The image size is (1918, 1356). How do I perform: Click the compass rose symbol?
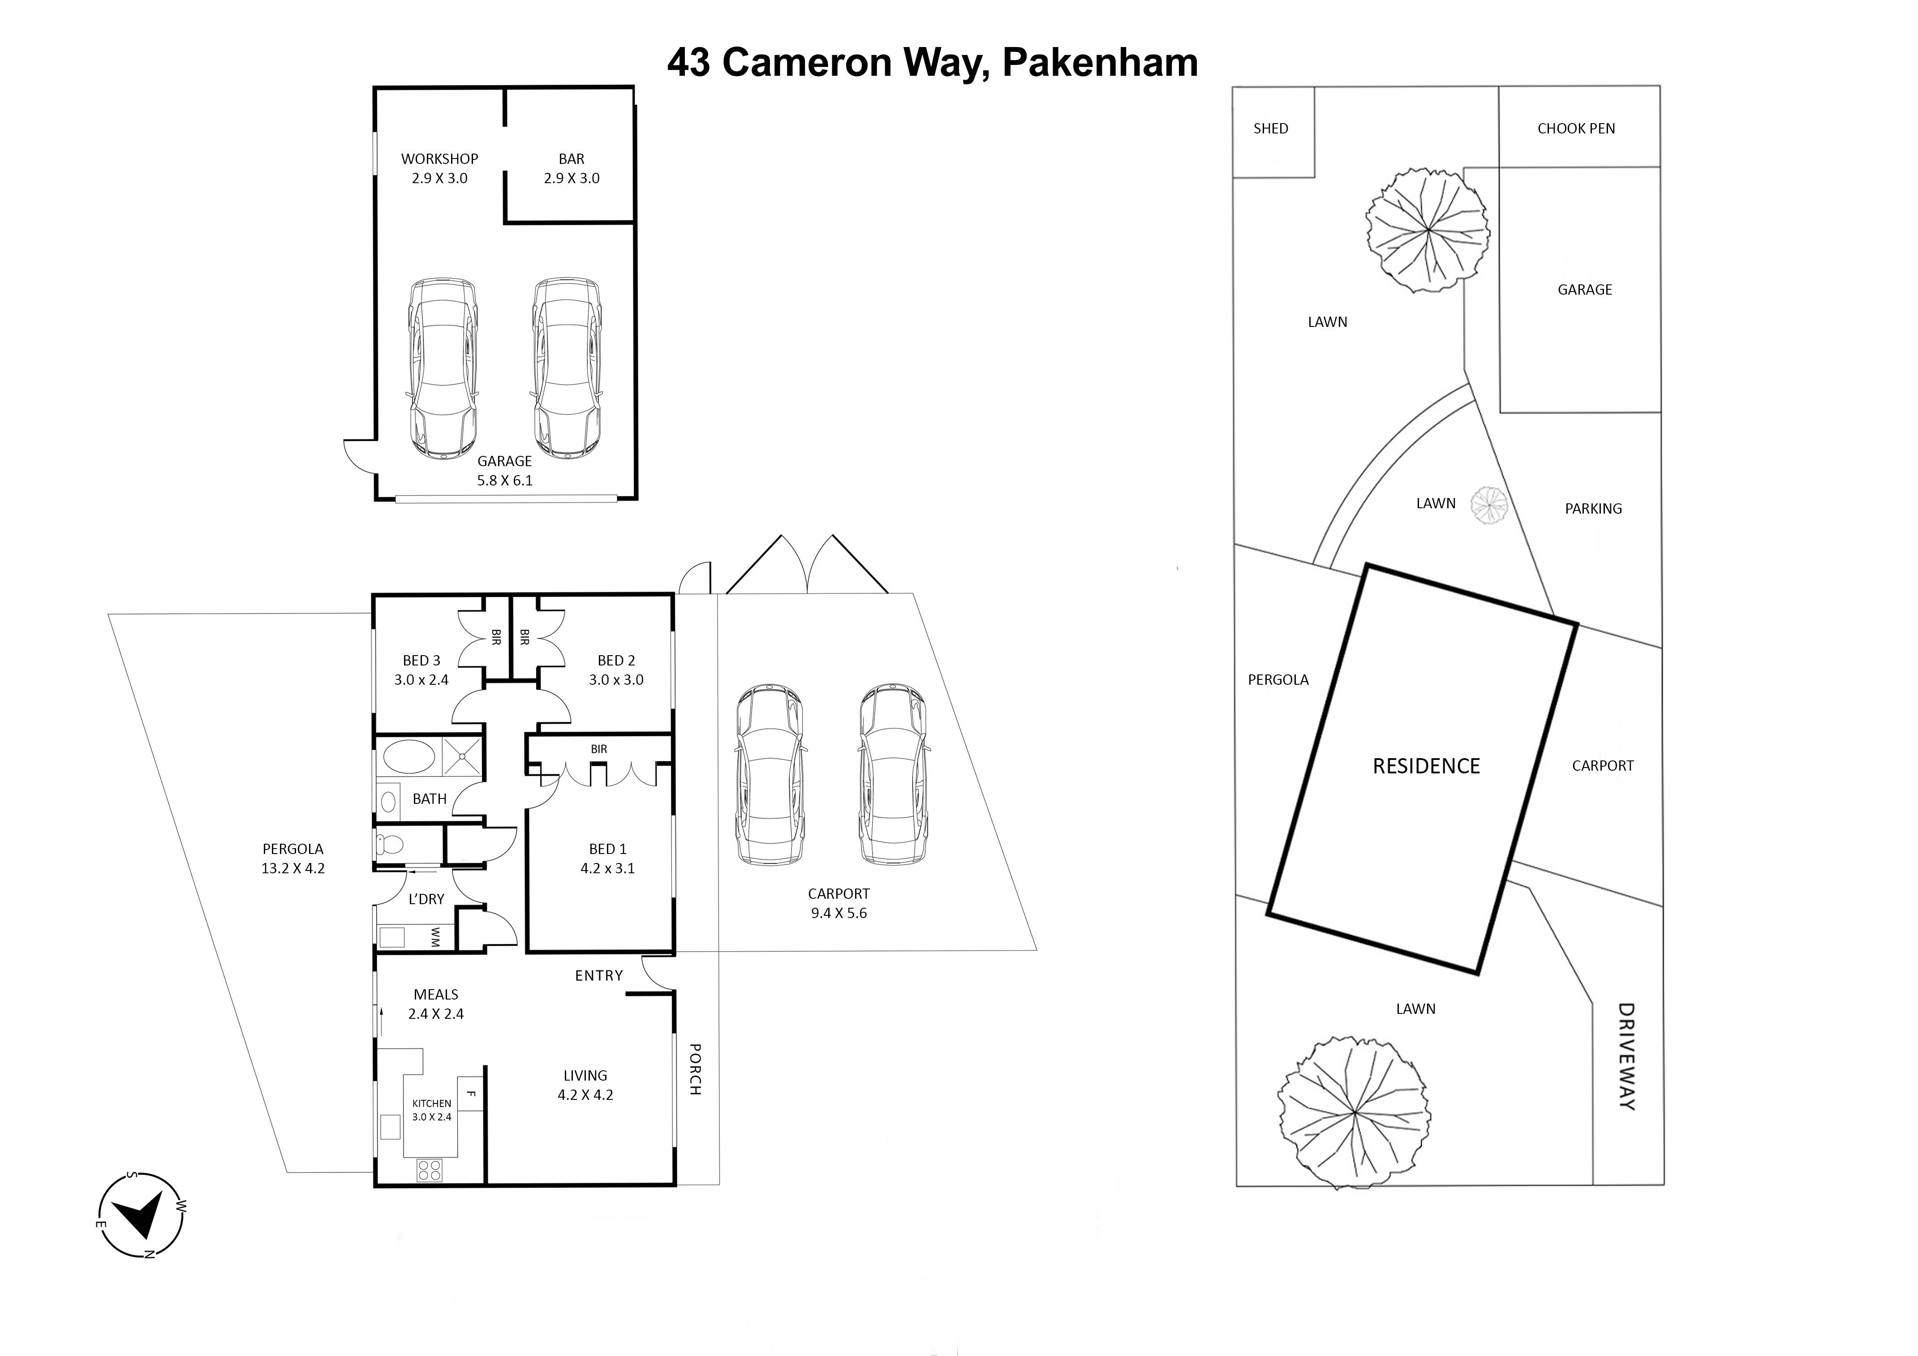140,1215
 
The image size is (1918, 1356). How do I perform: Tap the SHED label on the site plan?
1271,129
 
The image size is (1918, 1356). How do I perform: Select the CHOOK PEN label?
1575,129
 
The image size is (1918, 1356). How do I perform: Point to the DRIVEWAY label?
1626,1056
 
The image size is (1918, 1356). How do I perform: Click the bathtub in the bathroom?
409,758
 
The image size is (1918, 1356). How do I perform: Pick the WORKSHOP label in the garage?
439,159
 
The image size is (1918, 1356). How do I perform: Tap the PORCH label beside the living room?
695,1069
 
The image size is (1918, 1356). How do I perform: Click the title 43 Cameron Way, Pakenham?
932,63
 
